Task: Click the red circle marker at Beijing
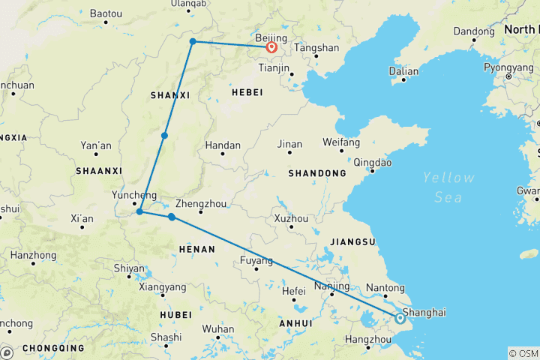coord(271,47)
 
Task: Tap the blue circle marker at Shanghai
coord(400,318)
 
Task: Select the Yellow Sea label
coord(448,187)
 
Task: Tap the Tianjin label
coord(273,68)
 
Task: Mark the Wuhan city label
coord(217,328)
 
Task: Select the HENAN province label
coord(197,249)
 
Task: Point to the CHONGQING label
coord(52,348)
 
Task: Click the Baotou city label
coord(105,13)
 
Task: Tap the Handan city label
coord(223,145)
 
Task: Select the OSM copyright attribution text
coord(523,353)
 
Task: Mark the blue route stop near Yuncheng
coord(139,211)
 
